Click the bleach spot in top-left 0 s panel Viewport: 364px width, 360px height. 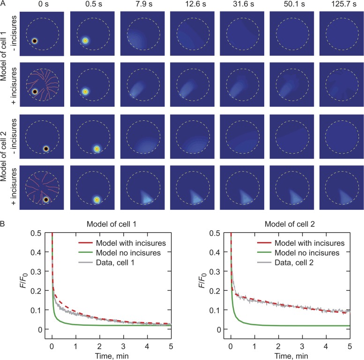(34, 41)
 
